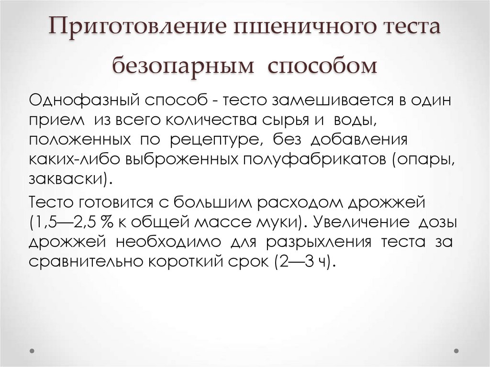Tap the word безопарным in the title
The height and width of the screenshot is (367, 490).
[x=182, y=66]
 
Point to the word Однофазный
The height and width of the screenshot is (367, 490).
[x=86, y=102]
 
